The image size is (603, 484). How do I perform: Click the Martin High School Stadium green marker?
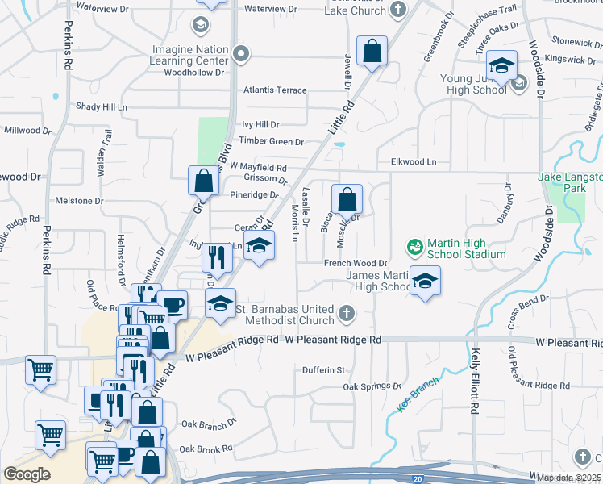[415, 244]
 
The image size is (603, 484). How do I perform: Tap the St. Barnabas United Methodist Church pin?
[346, 312]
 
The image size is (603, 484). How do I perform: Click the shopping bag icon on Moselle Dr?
[347, 198]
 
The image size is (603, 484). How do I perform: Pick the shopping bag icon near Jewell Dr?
[372, 51]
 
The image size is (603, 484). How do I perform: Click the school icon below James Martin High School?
[425, 282]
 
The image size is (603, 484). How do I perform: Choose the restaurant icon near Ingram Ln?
[217, 257]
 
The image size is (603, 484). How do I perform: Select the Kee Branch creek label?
[418, 394]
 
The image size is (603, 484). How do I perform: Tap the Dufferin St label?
[323, 370]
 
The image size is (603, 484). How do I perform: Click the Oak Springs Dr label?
[372, 386]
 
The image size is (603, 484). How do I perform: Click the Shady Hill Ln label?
[102, 106]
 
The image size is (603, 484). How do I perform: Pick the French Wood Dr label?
[356, 263]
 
